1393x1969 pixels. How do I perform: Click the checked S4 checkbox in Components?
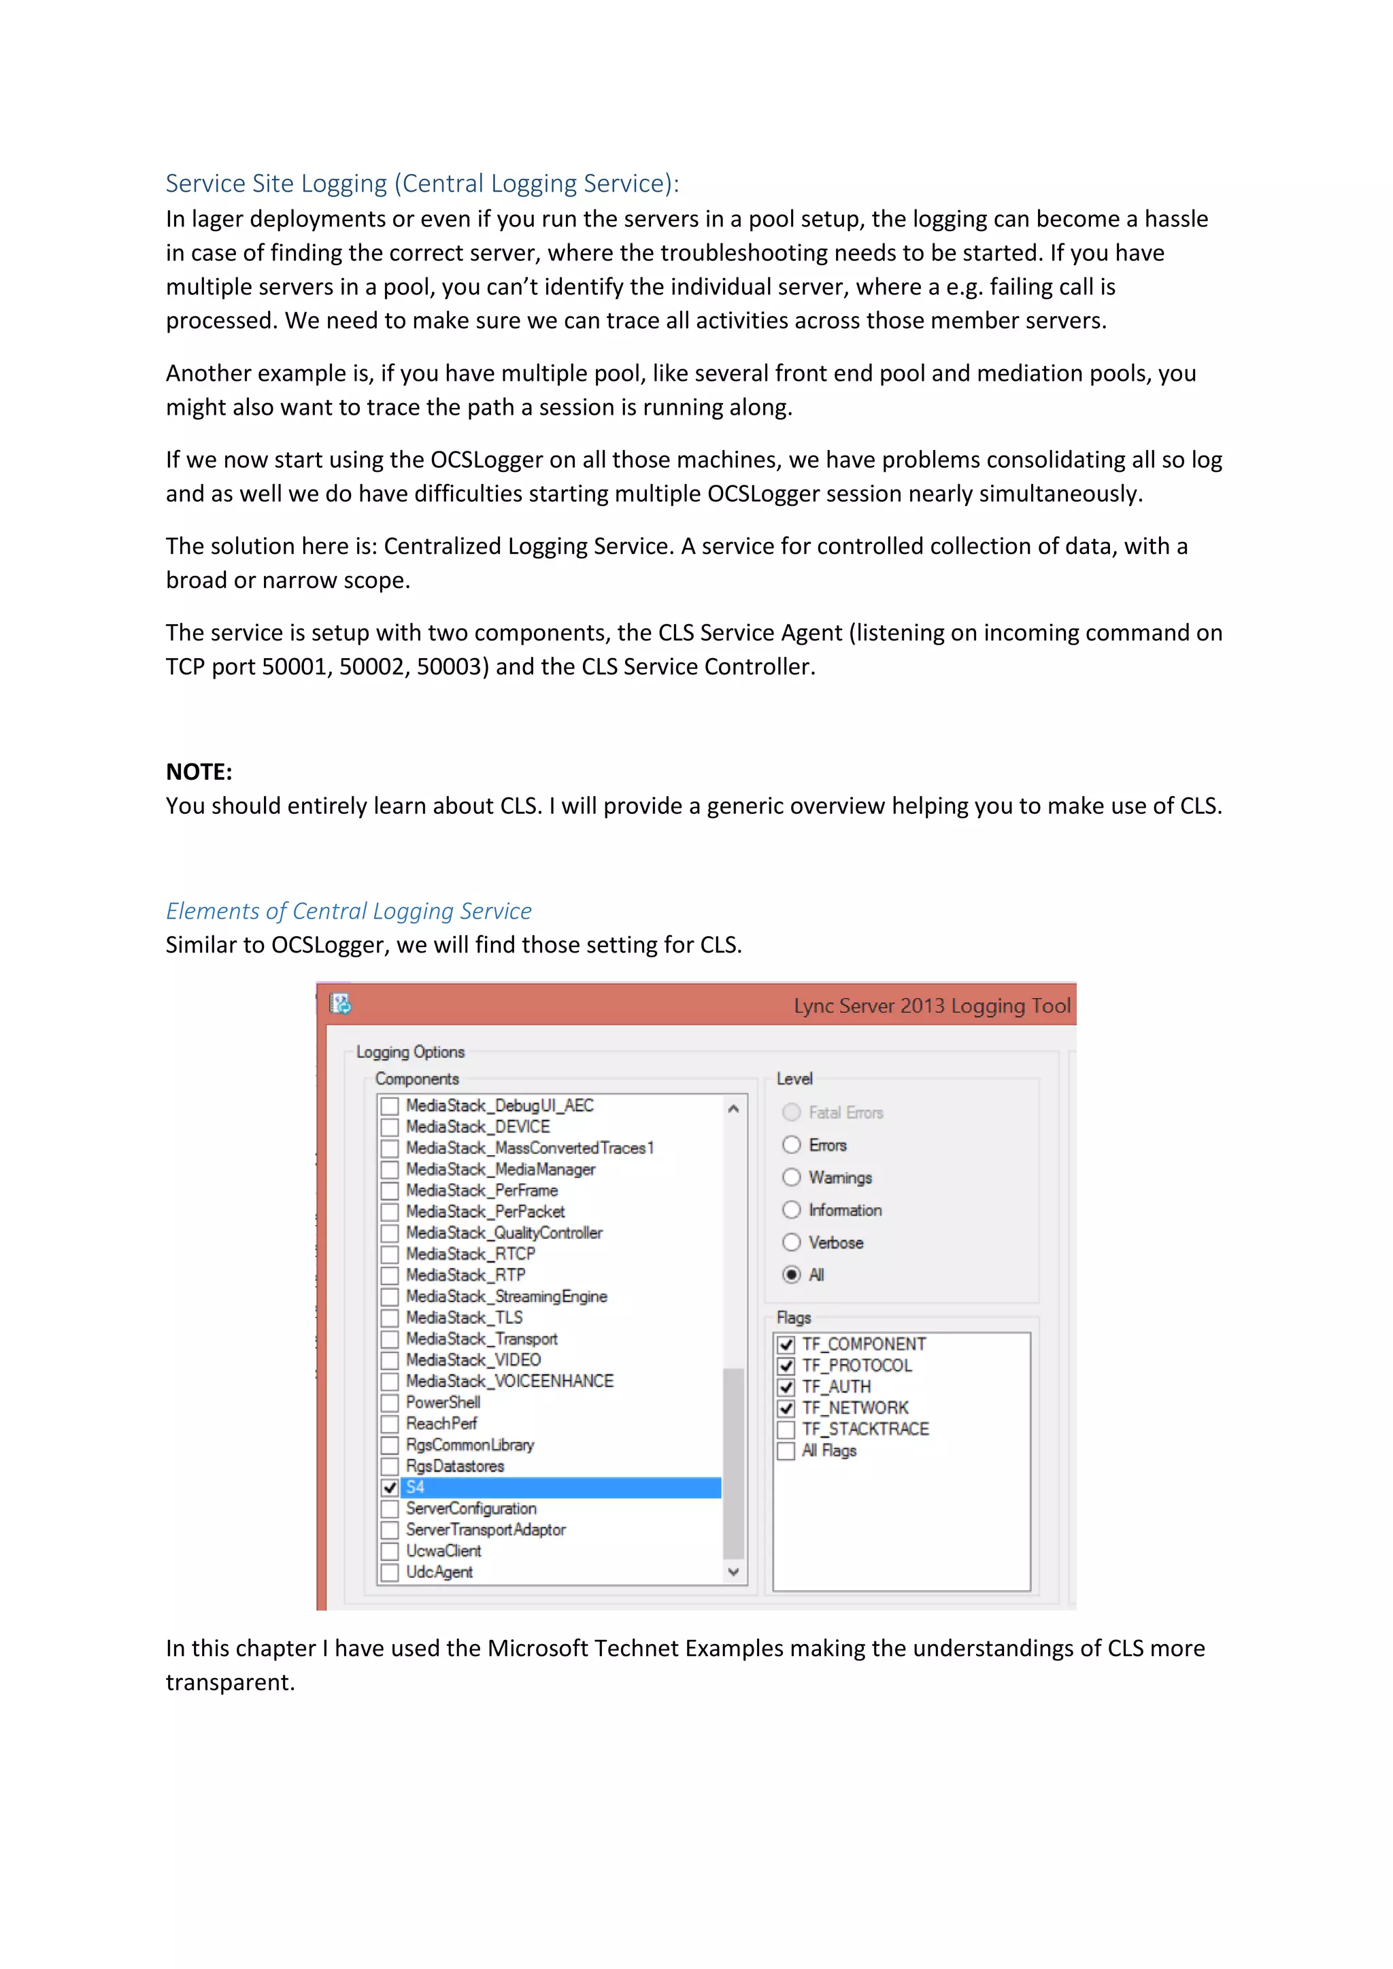pyautogui.click(x=390, y=1488)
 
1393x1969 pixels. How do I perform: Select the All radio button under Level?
pyautogui.click(x=792, y=1275)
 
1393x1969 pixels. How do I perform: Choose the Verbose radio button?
pyautogui.click(x=792, y=1243)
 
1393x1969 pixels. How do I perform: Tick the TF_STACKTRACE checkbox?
pyautogui.click(x=786, y=1430)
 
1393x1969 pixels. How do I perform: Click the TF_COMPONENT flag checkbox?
pyautogui.click(x=786, y=1345)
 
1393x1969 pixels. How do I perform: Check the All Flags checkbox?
pyautogui.click(x=786, y=1451)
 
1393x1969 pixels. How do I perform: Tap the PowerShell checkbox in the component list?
pyautogui.click(x=390, y=1403)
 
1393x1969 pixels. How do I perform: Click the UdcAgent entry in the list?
pyautogui.click(x=439, y=1572)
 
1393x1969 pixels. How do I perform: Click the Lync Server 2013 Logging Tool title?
pyautogui.click(x=932, y=1006)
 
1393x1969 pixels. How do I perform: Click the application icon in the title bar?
pyautogui.click(x=341, y=1004)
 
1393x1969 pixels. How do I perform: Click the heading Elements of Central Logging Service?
pyautogui.click(x=348, y=911)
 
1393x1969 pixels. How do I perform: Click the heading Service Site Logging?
pyautogui.click(x=421, y=184)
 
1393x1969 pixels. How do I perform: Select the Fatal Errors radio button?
pyautogui.click(x=792, y=1112)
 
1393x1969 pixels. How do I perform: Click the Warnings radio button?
pyautogui.click(x=792, y=1178)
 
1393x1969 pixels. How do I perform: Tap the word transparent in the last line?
pyautogui.click(x=229, y=1683)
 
